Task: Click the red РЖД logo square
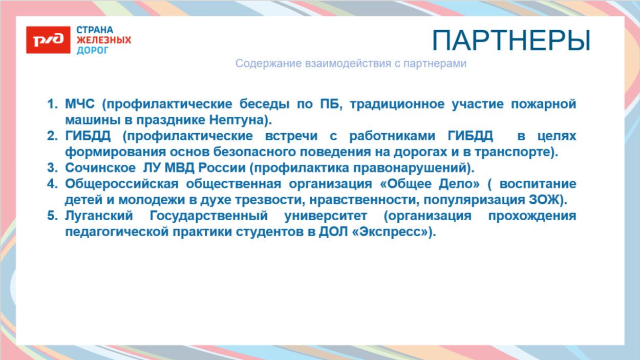(x=48, y=40)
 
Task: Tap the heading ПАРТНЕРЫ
(x=511, y=40)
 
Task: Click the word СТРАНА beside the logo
(x=95, y=30)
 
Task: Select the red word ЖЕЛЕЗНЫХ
(x=104, y=40)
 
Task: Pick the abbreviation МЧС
(x=80, y=104)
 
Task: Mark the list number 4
(x=51, y=184)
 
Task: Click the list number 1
(x=51, y=104)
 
